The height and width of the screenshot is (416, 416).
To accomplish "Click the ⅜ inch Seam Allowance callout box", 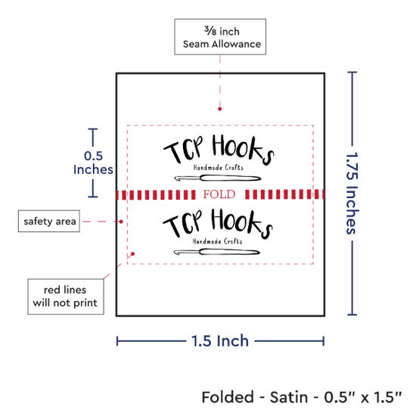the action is (220, 36).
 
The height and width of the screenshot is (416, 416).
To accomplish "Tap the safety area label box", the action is (49, 221).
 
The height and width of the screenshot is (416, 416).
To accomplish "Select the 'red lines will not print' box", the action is (66, 296).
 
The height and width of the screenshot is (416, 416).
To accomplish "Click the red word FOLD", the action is (219, 194).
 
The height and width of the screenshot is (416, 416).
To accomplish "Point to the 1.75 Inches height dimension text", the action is (352, 193).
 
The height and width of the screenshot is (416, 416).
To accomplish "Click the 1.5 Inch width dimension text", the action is (220, 341).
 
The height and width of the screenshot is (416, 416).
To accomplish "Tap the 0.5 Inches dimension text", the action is (93, 163).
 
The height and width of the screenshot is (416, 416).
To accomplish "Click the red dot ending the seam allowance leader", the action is (219, 109).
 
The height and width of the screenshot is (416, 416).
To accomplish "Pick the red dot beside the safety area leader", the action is (121, 222).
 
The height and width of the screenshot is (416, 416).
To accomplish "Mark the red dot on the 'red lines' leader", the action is (132, 254).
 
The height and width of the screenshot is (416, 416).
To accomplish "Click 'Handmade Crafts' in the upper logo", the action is (219, 167).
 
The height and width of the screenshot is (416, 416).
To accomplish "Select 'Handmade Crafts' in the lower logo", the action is (217, 241).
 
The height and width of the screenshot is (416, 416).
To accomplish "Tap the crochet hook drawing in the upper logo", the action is (218, 178).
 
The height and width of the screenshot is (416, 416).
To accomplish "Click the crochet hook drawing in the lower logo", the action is (216, 252).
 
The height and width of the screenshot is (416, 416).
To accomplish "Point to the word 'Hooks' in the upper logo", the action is (243, 149).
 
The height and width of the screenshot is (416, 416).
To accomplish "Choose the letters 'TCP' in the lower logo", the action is (182, 223).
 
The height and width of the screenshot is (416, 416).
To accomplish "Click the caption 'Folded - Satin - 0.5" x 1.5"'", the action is (302, 397).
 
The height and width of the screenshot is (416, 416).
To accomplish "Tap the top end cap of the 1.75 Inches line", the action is (352, 72).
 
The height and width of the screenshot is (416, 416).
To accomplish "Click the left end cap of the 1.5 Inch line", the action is (117, 341).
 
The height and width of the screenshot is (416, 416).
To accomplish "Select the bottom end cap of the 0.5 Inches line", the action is (93, 197).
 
